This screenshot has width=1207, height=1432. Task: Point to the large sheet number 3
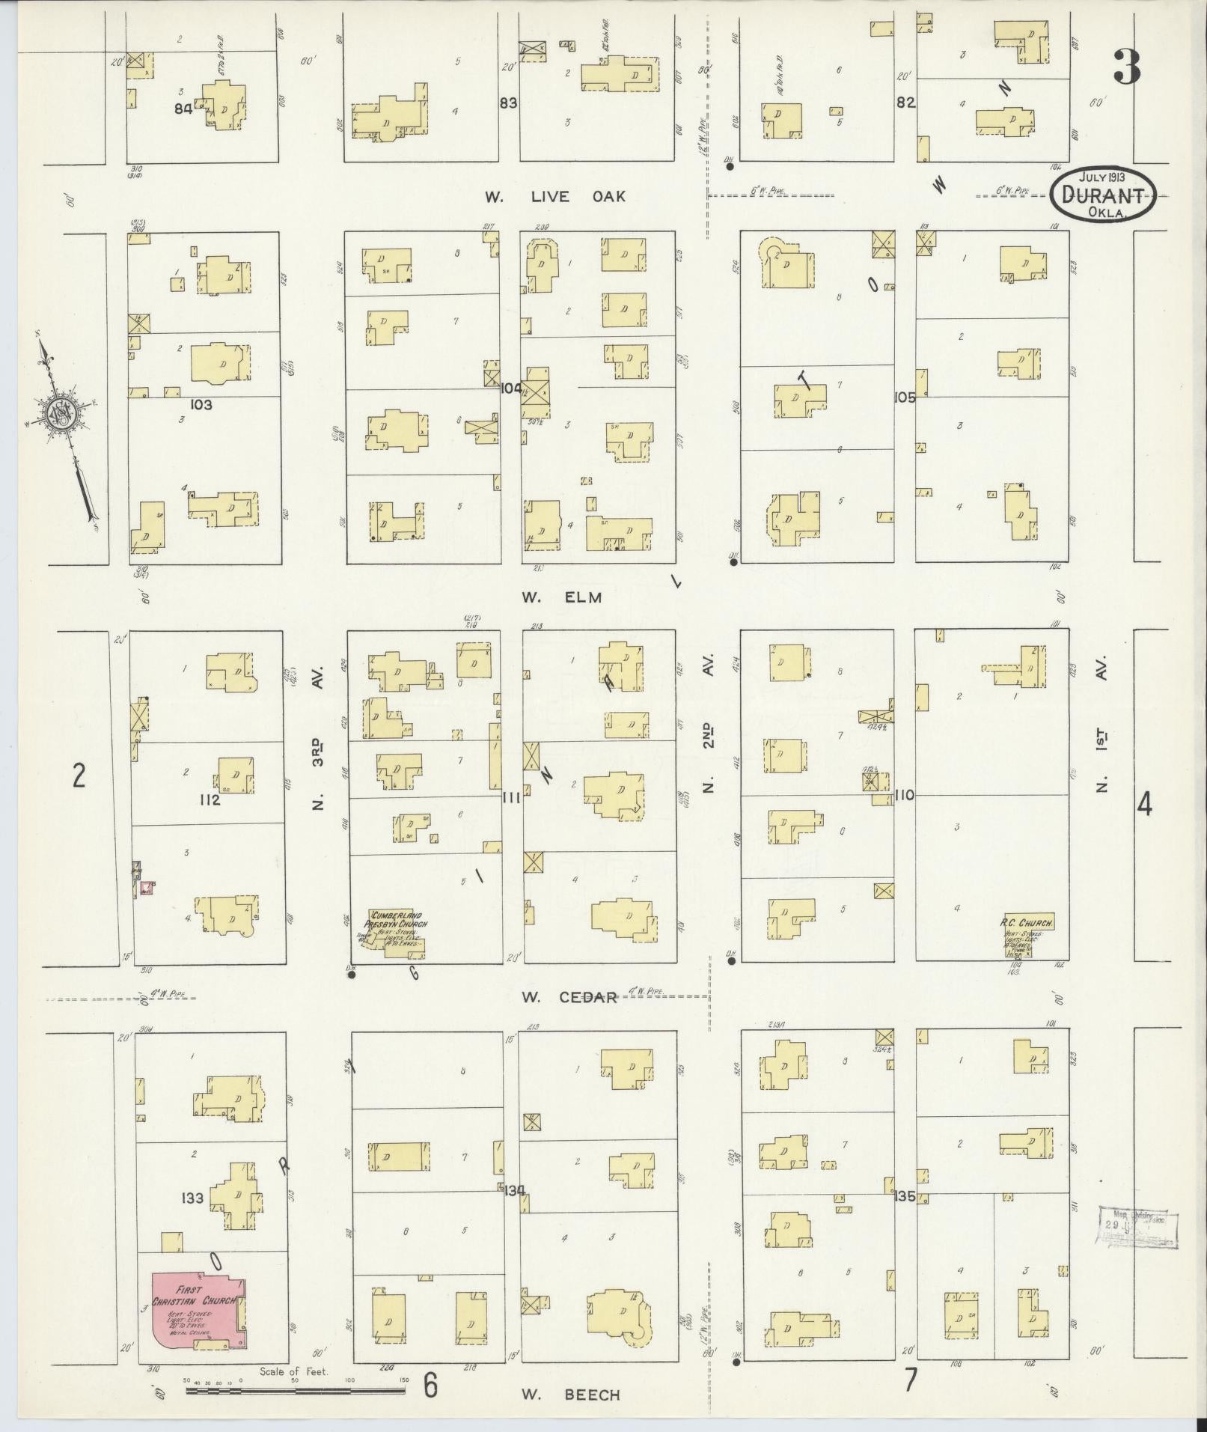1125,67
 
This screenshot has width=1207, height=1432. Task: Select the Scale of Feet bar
296,1390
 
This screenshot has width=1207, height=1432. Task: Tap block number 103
201,405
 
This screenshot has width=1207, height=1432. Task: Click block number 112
210,800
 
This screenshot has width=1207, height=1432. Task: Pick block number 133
192,1198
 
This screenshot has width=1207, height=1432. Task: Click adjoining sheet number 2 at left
79,776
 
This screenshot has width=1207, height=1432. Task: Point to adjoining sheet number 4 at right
1144,805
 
